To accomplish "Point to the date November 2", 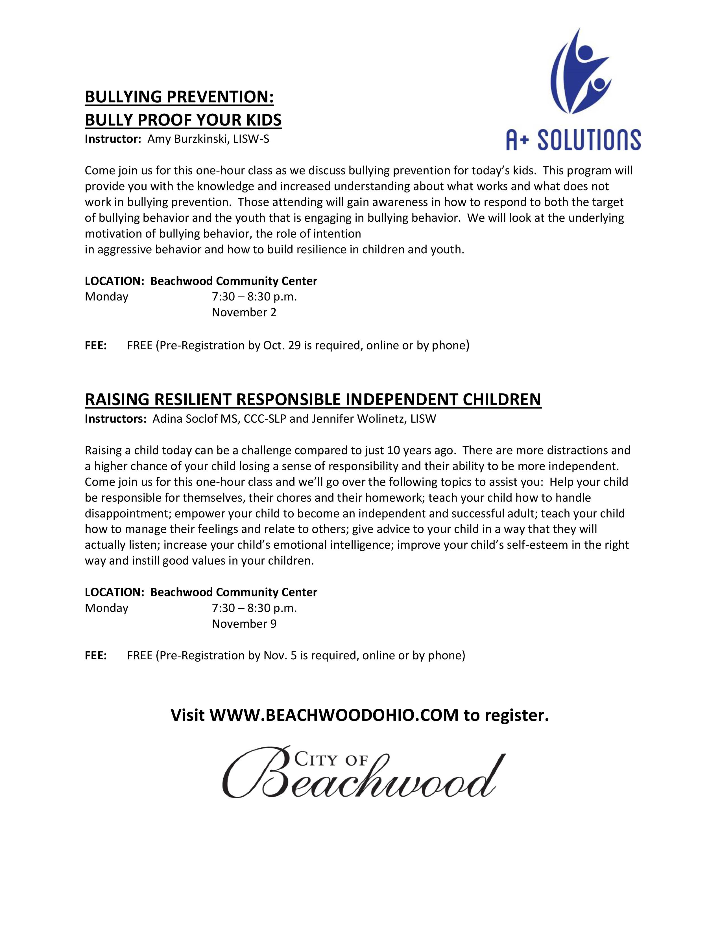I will (244, 313).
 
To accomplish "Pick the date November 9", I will (244, 624).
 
